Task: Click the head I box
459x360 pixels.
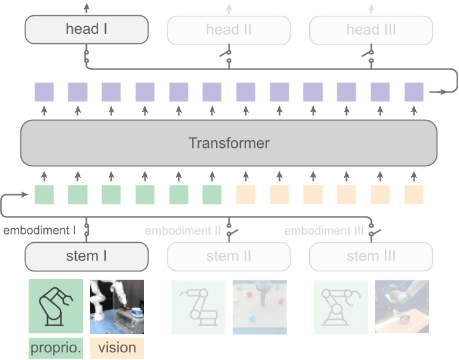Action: [86, 29]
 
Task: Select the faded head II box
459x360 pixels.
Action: [229, 29]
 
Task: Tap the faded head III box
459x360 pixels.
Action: [371, 29]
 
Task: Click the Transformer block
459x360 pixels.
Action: [229, 143]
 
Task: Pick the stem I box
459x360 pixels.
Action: [86, 257]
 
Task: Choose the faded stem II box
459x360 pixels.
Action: [229, 257]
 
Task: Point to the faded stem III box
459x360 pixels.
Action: [371, 257]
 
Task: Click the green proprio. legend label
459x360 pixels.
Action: [55, 348]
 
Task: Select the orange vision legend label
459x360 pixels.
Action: [117, 348]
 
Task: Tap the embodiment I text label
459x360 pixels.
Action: [40, 230]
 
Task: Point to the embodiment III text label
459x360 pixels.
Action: [324, 230]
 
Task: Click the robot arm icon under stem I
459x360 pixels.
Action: [55, 306]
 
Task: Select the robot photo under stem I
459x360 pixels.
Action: [117, 306]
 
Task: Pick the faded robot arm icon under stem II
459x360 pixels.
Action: [198, 306]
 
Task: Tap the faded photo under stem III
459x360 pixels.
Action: [402, 306]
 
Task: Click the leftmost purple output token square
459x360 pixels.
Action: [44, 92]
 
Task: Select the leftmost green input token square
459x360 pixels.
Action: [44, 194]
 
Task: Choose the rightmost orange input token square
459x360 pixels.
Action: [414, 194]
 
